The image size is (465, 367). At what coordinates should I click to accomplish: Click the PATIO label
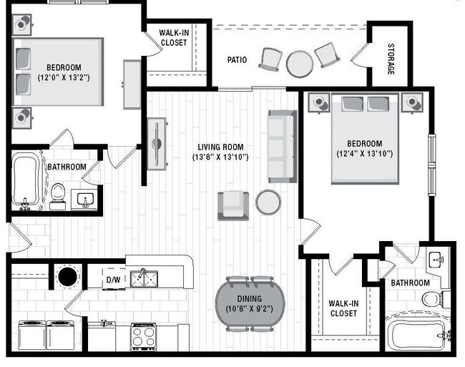237,60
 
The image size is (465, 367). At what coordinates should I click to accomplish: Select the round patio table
300,64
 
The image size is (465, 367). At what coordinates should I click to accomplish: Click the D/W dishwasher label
113,279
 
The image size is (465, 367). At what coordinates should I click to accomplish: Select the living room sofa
282,145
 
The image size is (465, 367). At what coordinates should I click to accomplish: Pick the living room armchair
233,205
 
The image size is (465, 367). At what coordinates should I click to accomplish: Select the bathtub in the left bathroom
26,181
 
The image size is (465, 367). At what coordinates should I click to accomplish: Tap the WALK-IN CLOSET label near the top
174,38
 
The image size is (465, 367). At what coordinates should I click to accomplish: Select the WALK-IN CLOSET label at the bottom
343,308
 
